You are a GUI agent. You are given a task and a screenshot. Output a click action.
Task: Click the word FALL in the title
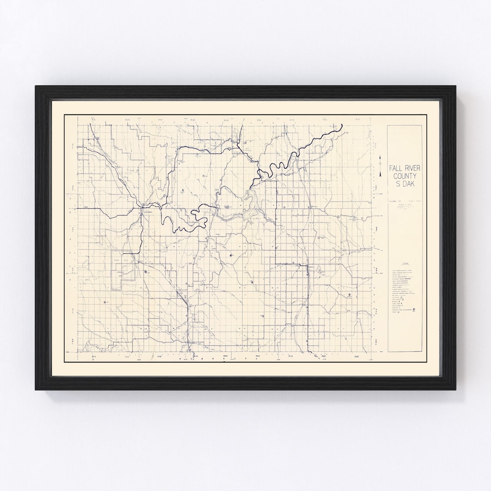pos(392,168)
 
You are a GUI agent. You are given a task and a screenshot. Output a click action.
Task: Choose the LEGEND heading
pos(405,263)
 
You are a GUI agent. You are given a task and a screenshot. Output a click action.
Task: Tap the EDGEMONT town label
pos(149,211)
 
